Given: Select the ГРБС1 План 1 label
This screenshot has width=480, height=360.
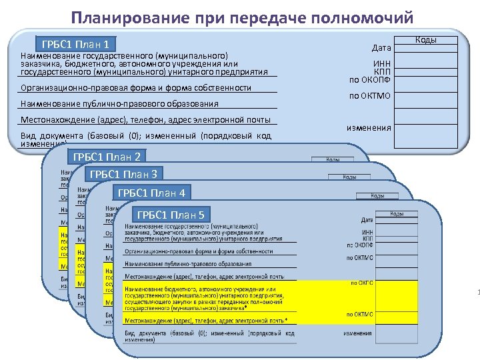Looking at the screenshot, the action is [x=75, y=45].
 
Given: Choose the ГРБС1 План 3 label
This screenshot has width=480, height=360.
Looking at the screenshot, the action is [x=123, y=175].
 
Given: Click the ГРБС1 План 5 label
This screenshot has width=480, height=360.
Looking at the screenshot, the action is [x=173, y=215].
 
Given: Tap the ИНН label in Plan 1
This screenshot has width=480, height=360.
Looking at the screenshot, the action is [x=381, y=64].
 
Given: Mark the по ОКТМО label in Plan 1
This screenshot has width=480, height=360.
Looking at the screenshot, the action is [x=370, y=96].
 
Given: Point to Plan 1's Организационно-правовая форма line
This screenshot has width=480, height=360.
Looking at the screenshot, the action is [x=136, y=88].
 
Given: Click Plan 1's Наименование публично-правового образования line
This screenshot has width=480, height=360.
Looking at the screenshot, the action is [x=120, y=103].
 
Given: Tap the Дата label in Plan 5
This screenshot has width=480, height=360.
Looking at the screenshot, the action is [x=367, y=220].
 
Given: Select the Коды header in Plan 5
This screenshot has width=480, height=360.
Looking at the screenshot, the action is [x=397, y=214].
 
